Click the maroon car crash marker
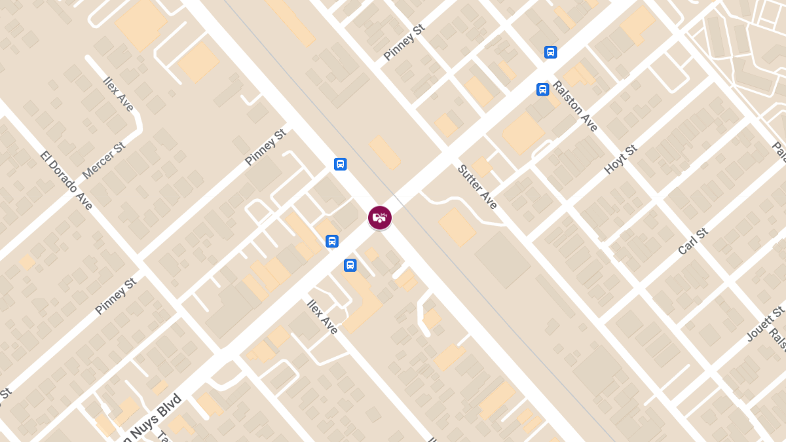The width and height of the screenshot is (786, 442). (x=380, y=218)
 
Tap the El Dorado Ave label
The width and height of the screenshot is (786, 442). (x=67, y=181)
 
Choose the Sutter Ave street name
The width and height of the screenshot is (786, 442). (x=477, y=187)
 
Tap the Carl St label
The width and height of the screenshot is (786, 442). (x=694, y=241)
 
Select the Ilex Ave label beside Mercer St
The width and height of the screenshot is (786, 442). (x=119, y=94)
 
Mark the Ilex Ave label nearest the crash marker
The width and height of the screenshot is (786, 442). (x=323, y=317)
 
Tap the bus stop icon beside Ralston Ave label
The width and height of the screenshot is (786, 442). (x=542, y=90)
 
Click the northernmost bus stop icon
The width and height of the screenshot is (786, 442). (x=551, y=52)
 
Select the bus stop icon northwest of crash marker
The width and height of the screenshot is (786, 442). (x=340, y=164)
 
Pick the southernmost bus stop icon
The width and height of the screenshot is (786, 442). (x=350, y=265)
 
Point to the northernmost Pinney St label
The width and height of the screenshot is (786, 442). (x=404, y=43)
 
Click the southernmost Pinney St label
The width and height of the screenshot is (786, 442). (x=115, y=296)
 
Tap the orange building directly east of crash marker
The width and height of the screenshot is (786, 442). (x=457, y=227)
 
